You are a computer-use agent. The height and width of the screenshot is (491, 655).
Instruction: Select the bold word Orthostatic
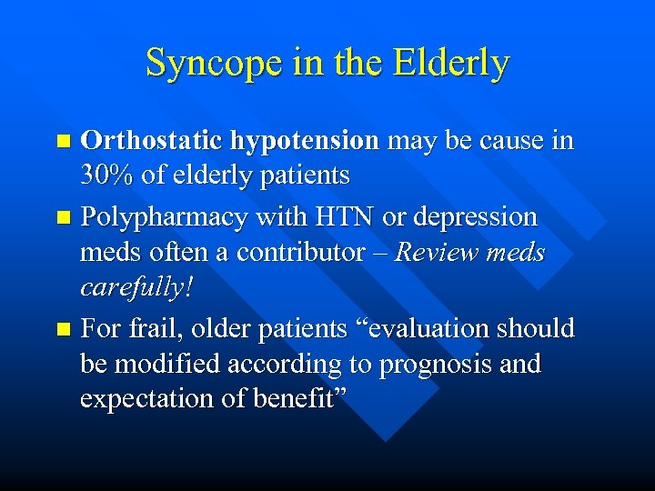click(x=151, y=141)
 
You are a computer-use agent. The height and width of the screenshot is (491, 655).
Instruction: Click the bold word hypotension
click(x=305, y=141)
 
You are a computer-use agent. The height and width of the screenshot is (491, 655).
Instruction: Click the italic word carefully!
click(x=137, y=288)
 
